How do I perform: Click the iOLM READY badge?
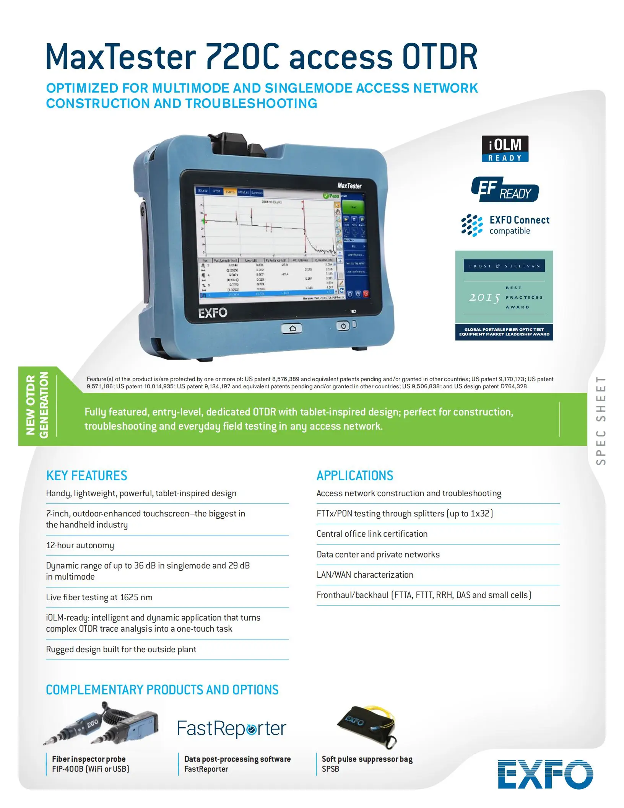[x=505, y=149]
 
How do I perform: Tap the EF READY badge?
[x=505, y=189]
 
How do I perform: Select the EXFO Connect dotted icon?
[x=472, y=225]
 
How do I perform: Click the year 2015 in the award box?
[x=484, y=297]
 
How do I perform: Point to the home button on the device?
[x=292, y=328]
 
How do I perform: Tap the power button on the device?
[x=343, y=326]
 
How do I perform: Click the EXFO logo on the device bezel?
[x=213, y=313]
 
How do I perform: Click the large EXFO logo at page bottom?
[x=545, y=774]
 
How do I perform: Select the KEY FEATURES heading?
[x=86, y=476]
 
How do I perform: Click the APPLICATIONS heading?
[x=355, y=476]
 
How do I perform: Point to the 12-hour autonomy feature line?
[x=80, y=545]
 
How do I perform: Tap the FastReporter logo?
[x=231, y=728]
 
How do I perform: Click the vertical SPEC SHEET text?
[x=601, y=421]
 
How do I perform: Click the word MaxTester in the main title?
[x=121, y=57]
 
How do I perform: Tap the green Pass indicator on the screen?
[x=331, y=196]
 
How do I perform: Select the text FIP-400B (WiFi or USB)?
[x=91, y=769]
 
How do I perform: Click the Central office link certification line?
[x=372, y=534]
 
